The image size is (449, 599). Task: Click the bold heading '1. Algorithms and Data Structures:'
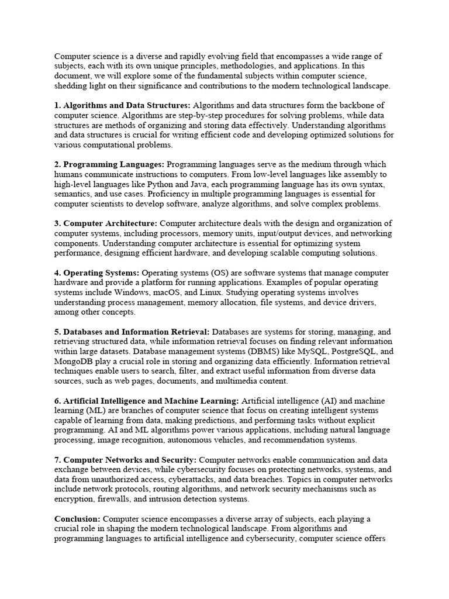pos(122,105)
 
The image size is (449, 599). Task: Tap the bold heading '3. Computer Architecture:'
pos(106,223)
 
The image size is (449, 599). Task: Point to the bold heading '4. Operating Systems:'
pos(96,273)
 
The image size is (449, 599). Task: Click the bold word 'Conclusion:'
pos(77,519)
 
